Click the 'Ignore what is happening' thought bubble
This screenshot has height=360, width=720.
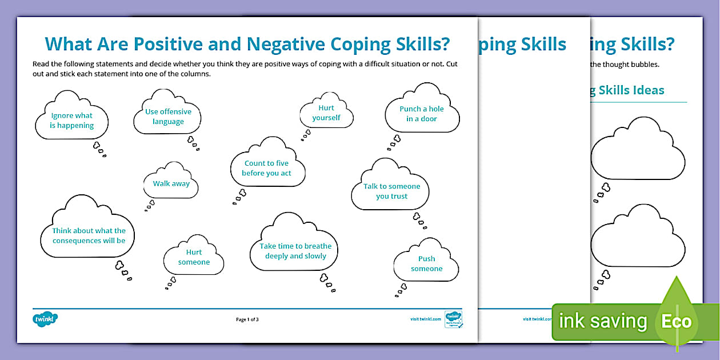coord(72,120)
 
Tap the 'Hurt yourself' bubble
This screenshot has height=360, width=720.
coord(326,113)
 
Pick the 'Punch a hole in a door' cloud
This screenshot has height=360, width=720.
coord(422,114)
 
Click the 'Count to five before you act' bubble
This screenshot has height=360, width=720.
coord(267,168)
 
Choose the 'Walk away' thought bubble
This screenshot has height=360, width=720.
coord(171,183)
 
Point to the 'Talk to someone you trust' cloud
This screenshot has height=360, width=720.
coord(391,191)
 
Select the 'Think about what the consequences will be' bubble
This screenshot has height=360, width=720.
coord(89,235)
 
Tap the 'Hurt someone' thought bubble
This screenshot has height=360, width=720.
coord(194,257)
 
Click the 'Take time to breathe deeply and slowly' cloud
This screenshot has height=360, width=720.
coord(295,251)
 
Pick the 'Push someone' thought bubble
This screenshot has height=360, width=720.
coord(426,263)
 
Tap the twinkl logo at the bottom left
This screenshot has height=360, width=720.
coord(46,319)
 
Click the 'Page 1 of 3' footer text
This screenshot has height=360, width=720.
coord(247,319)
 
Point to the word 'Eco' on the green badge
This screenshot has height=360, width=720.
coord(676,321)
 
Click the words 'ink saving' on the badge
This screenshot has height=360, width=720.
coord(602,321)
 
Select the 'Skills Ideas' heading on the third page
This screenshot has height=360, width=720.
coord(631,90)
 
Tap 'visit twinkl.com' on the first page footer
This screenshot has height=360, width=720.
coord(426,319)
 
